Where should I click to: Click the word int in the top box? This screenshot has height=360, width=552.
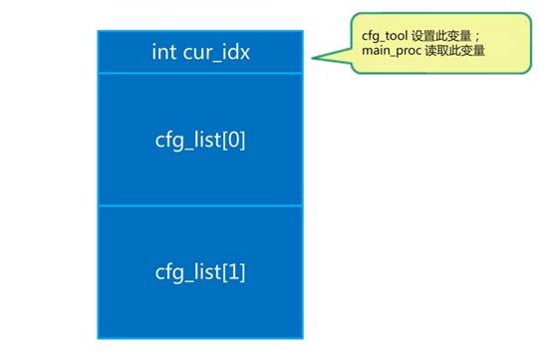point(164,52)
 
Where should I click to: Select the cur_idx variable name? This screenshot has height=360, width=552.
point(216,53)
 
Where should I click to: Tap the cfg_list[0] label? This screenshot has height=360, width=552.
point(200,141)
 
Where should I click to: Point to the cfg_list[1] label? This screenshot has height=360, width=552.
point(200,272)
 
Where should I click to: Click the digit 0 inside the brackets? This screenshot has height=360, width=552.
point(233,140)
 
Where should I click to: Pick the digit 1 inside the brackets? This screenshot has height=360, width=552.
point(233,271)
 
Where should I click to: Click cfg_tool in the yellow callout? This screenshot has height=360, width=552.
point(385,36)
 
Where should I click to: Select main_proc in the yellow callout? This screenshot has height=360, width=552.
point(392,51)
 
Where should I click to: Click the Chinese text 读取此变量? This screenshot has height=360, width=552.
point(454,51)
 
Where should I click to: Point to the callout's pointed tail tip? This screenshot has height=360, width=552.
point(312,58)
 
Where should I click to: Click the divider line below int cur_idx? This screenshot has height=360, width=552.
point(200,73)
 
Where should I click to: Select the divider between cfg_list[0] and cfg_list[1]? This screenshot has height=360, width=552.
point(200,205)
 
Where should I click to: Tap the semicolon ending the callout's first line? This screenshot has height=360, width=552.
point(477,37)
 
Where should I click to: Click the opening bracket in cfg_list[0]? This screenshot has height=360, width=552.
point(224,141)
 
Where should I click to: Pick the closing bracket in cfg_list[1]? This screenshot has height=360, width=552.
point(242,272)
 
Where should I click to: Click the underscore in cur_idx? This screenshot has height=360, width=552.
point(217,63)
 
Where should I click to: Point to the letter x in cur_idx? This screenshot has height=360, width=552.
point(245,55)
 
